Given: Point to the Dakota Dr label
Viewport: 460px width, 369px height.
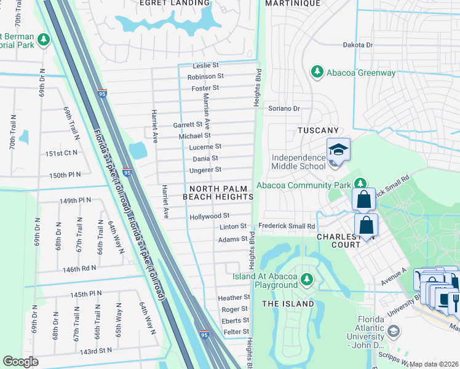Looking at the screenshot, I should (x=358, y=46).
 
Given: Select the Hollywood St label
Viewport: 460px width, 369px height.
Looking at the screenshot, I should (x=209, y=216).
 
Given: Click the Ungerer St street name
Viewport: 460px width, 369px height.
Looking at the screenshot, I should (x=205, y=170).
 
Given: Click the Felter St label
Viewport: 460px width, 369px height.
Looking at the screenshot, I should (x=236, y=332).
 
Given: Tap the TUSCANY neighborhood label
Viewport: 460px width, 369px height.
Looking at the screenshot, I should (x=318, y=131).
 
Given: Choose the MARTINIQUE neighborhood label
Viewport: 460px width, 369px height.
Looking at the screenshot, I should (x=293, y=3).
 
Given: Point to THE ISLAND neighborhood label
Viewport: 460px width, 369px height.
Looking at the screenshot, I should (x=288, y=303).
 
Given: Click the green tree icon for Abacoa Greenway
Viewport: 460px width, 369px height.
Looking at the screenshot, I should (x=318, y=73).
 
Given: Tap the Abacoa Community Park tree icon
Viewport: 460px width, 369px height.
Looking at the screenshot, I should (x=360, y=183).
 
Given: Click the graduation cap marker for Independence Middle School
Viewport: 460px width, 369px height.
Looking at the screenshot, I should (x=338, y=151).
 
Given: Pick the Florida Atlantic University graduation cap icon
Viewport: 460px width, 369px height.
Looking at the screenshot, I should (x=394, y=332).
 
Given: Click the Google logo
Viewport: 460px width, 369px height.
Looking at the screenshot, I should (x=20, y=362).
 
